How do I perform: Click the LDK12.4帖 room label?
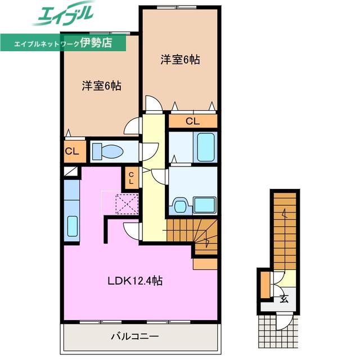pyautogui.click(x=135, y=281)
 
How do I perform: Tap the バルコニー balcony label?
pyautogui.click(x=135, y=336)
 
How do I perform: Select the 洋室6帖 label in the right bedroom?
pyautogui.click(x=180, y=60)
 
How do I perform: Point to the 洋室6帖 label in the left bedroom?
pyautogui.click(x=102, y=86)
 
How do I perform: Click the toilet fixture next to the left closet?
pyautogui.click(x=107, y=151)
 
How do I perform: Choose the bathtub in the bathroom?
pyautogui.click(x=206, y=147)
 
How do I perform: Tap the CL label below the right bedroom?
pyautogui.click(x=192, y=121)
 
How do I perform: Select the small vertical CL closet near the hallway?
pyautogui.click(x=131, y=178)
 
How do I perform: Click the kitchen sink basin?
pyautogui.click(x=73, y=226)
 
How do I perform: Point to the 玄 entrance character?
pyautogui.click(x=284, y=299)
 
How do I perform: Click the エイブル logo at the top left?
pyautogui.click(x=64, y=13)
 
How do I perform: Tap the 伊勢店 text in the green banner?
pyautogui.click(x=96, y=43)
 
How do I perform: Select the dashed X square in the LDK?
pyautogui.click(x=128, y=204)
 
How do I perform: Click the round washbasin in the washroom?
pyautogui.click(x=180, y=205)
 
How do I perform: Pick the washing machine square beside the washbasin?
pyautogui.click(x=204, y=205)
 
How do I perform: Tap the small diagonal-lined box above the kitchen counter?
pyautogui.click(x=71, y=172)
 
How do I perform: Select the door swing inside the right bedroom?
pyautogui.click(x=154, y=103)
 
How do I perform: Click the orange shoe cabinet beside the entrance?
pyautogui.click(x=265, y=285)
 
